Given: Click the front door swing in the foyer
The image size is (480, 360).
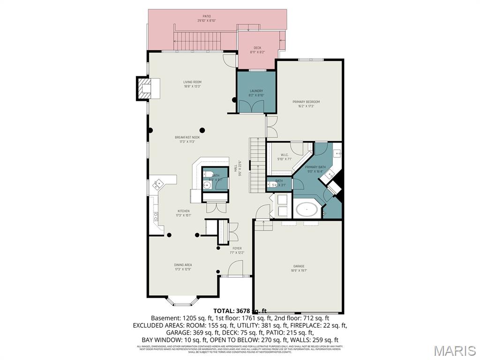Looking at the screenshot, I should tap(235, 269).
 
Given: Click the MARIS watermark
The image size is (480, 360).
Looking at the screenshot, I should tap(453, 351).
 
